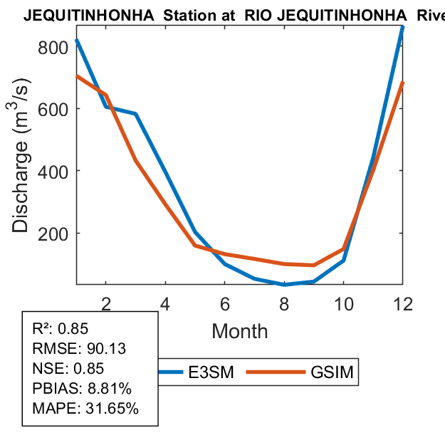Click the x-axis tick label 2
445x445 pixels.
click(x=106, y=303)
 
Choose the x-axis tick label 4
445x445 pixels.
click(x=165, y=303)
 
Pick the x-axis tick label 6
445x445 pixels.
click(x=225, y=303)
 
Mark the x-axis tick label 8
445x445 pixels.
click(x=284, y=303)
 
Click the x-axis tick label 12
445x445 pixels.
click(x=403, y=303)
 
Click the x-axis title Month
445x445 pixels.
click(x=240, y=331)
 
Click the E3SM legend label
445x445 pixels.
click(x=211, y=372)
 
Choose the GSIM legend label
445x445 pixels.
click(x=332, y=372)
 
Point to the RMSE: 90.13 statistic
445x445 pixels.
click(x=72, y=349)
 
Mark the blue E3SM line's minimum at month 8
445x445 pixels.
click(x=284, y=283)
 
